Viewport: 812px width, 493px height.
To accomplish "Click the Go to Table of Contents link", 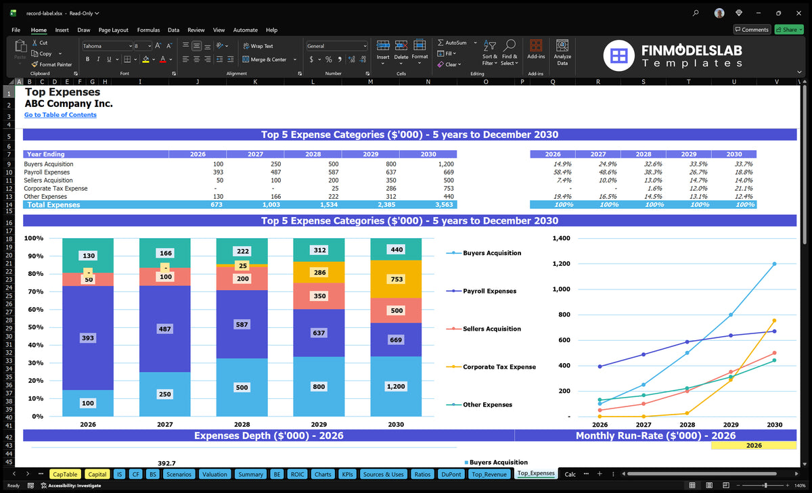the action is tap(60, 115).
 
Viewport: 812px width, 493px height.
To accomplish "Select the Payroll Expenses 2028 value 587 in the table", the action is tap(333, 172).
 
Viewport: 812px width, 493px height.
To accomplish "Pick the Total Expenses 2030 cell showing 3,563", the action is tap(444, 205).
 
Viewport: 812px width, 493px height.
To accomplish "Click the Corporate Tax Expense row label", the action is tap(55, 189).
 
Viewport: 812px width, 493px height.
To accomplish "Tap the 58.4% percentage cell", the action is tap(562, 172).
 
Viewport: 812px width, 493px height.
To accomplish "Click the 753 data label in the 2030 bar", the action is tap(397, 279).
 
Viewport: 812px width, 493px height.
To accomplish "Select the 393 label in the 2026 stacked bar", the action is tap(88, 338).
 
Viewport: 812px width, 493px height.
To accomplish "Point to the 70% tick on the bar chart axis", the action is tap(35, 291).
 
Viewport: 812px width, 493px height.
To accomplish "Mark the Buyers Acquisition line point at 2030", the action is tap(774, 264).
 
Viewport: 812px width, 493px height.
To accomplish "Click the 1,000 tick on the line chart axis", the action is tap(561, 289).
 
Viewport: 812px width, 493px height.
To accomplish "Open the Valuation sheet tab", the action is tap(215, 474).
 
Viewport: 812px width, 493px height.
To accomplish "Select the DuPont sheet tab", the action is tap(451, 474).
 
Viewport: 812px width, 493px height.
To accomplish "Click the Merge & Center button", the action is tap(269, 60).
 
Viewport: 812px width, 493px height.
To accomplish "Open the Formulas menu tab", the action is tap(148, 30).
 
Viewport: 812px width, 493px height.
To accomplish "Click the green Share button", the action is tap(789, 30).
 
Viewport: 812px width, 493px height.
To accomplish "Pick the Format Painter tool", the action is tap(51, 64).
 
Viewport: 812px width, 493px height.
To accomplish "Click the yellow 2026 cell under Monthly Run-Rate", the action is tap(754, 446).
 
